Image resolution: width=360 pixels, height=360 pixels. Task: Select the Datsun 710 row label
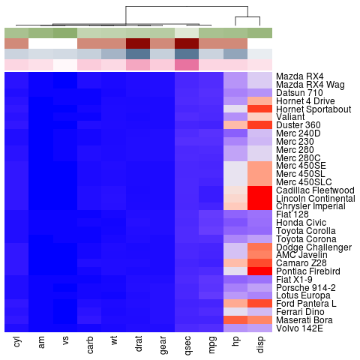pos(298,93)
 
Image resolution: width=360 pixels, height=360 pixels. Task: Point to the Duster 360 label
pos(298,125)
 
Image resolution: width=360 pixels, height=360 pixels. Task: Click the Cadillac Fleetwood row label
pos(315,190)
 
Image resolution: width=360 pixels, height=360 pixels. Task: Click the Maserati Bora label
pos(303,319)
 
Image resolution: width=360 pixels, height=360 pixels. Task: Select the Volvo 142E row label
pos(298,328)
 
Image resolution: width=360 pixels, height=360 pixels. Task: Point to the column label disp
pos(259,344)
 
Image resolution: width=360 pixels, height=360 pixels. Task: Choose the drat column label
pos(138,344)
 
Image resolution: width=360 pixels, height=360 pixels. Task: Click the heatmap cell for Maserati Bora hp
pos(235,319)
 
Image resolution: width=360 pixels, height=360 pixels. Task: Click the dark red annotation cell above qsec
pos(187,43)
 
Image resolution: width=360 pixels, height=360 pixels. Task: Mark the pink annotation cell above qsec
pos(187,64)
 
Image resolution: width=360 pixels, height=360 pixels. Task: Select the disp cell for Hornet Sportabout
pos(260,109)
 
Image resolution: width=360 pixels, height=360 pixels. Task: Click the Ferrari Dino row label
pos(299,311)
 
